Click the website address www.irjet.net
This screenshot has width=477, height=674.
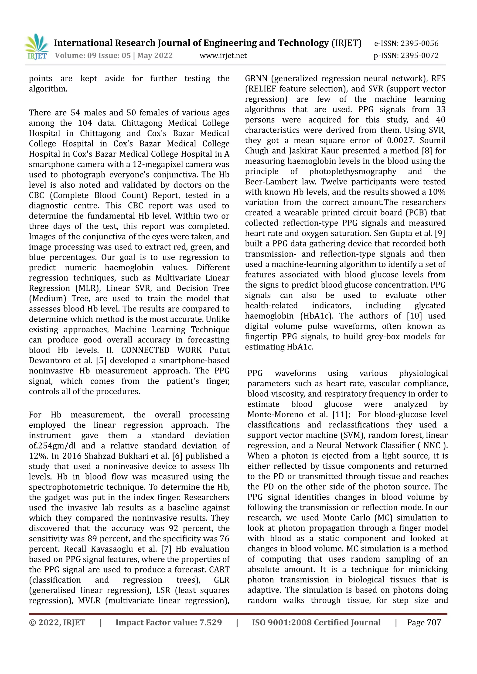pos(223,55)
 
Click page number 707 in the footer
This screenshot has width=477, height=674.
pos(434,622)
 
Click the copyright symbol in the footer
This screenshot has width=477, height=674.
pos(32,622)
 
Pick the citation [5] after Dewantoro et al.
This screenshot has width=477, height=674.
pos(101,360)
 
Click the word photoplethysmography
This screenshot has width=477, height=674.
pos(352,171)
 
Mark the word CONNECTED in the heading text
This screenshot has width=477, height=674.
pos(145,350)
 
